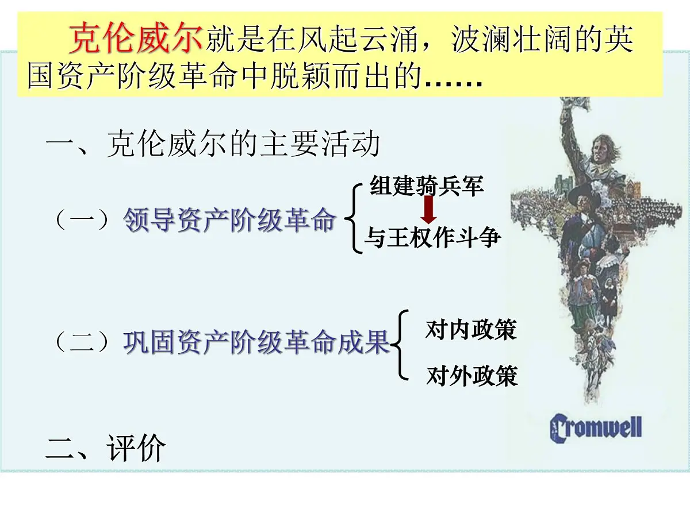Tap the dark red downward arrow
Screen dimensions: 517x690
click(428, 210)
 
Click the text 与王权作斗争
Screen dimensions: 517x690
click(432, 237)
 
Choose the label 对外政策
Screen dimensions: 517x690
click(471, 376)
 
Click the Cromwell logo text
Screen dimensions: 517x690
click(595, 429)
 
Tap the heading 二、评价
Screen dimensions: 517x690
click(106, 448)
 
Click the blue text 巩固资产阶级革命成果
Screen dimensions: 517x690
click(256, 343)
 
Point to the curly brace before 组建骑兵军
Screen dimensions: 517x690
click(352, 218)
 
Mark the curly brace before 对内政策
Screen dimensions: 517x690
click(400, 345)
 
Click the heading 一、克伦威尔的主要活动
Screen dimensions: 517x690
click(213, 145)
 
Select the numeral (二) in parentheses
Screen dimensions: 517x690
click(81, 343)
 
